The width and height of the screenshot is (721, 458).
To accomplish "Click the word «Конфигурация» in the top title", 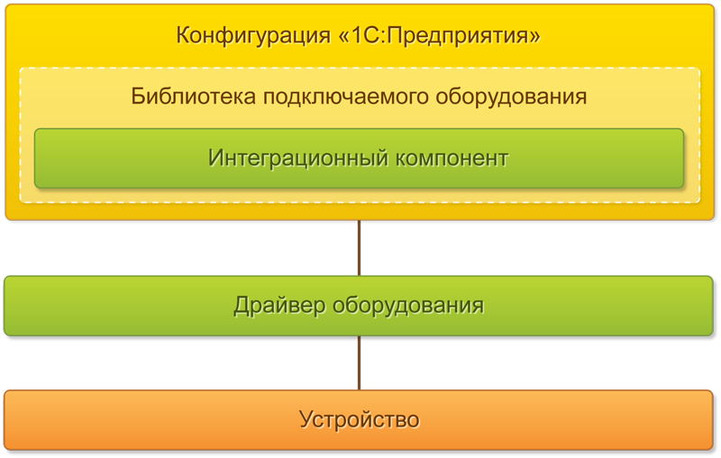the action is (253, 36).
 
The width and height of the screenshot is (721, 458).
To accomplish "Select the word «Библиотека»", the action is (193, 96).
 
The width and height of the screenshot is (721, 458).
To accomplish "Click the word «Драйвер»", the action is (279, 306).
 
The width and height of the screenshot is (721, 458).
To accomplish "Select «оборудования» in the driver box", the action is (408, 307).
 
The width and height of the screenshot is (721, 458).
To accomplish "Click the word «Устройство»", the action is (360, 420).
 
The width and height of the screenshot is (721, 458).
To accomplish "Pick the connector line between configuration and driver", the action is (359, 248).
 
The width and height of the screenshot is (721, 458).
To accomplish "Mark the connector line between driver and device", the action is (359, 363).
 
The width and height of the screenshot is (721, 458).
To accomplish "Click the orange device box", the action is (359, 420).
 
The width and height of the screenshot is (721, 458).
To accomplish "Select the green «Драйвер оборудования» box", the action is (359, 306).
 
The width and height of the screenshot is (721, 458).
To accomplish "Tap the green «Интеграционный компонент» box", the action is (359, 159).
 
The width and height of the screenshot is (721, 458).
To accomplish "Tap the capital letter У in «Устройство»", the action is (307, 420).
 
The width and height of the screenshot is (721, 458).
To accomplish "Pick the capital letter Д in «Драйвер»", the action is (242, 307).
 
